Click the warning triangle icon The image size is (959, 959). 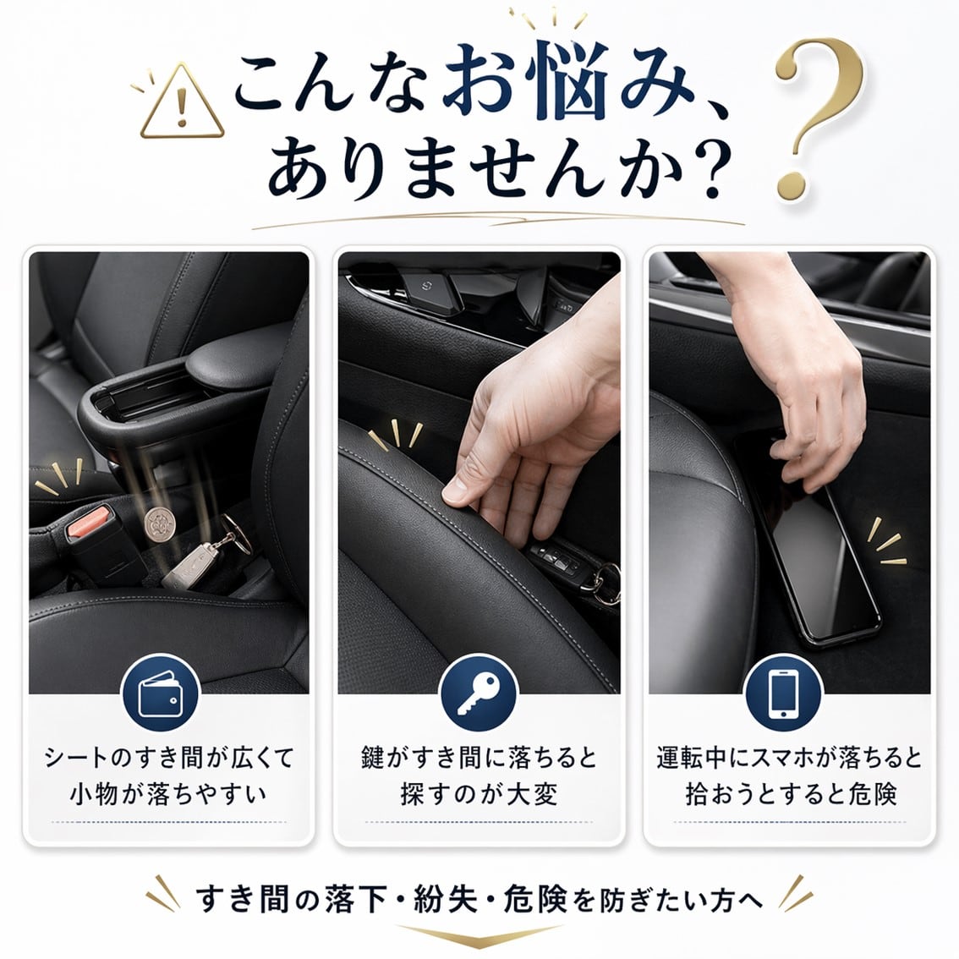tap(183, 103)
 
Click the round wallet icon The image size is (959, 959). tap(161, 693)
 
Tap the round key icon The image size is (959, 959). tap(479, 693)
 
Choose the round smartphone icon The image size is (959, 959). tap(783, 693)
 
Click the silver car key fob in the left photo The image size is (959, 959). tap(191, 565)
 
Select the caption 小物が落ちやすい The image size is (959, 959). tap(168, 795)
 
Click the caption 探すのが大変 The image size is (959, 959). tap(479, 795)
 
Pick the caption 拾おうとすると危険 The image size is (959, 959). tap(790, 795)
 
